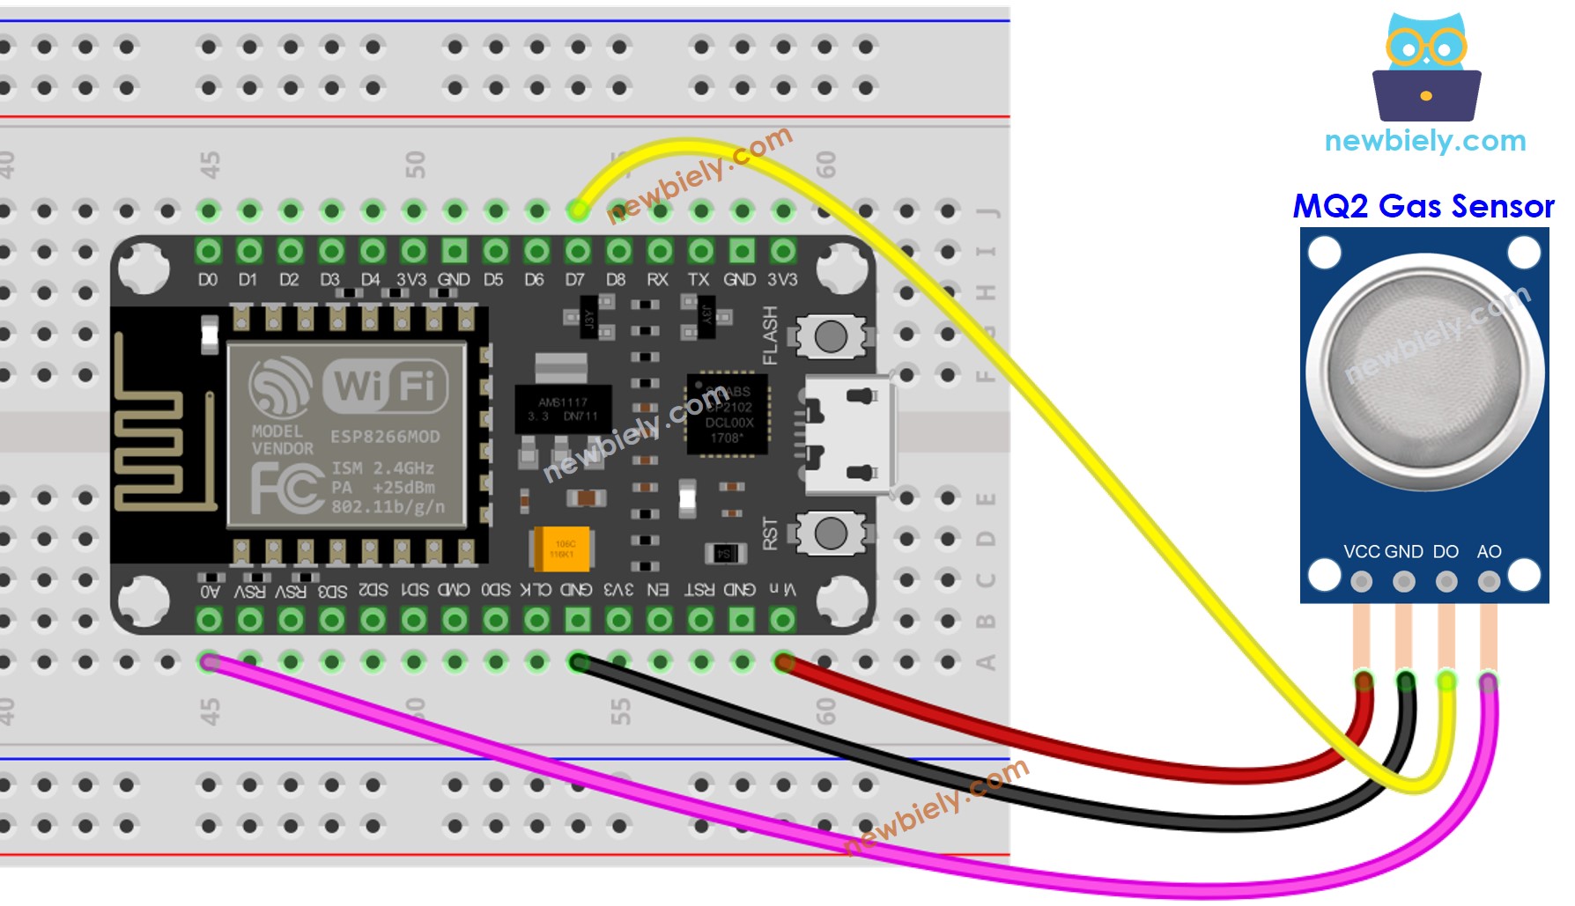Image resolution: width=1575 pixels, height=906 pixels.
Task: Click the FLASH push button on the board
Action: tap(831, 335)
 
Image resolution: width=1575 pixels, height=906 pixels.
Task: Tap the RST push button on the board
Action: tap(831, 533)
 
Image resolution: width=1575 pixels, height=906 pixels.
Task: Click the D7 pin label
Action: tap(575, 280)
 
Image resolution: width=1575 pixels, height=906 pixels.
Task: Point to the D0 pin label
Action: tap(208, 280)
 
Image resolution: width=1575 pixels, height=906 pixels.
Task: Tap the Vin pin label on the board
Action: tap(782, 589)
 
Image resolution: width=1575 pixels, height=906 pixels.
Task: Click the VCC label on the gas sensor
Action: tap(1361, 552)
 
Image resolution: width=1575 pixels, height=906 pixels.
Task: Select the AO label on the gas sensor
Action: tap(1489, 552)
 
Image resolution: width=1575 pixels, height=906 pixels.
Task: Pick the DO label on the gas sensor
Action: tap(1446, 552)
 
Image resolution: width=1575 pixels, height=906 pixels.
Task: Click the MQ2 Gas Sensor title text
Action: tap(1423, 206)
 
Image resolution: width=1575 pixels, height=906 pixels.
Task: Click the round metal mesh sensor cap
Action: tap(1424, 372)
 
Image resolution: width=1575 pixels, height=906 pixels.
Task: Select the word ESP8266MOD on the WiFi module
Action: tap(385, 437)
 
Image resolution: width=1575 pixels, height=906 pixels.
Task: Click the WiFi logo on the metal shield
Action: tap(386, 386)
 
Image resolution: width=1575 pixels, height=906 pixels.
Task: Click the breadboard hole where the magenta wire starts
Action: tap(209, 661)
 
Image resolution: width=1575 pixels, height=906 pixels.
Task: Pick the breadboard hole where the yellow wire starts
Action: tap(578, 210)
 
